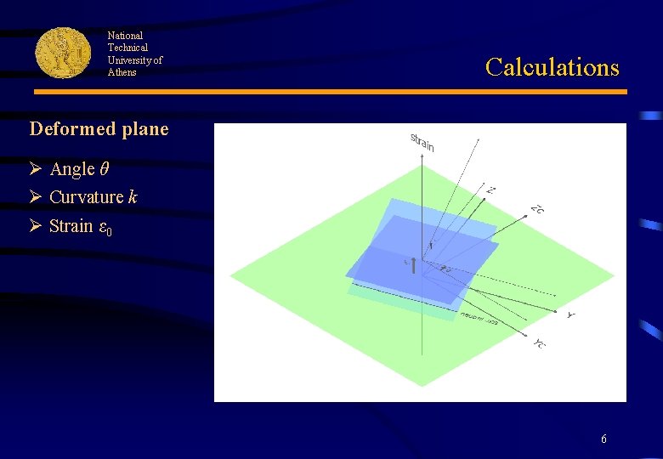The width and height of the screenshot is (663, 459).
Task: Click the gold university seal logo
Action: point(63,53)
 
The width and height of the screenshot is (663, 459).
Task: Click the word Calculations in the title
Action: point(552,67)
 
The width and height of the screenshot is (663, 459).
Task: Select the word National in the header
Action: point(125,36)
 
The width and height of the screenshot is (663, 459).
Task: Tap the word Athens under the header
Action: point(122,72)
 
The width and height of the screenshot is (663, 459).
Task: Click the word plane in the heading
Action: point(144,130)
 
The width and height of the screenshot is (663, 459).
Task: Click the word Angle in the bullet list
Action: point(72,169)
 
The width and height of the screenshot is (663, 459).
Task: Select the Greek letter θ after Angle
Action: point(104,169)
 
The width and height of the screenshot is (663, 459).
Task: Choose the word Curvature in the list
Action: point(87,197)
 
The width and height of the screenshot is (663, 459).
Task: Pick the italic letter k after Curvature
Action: point(132,197)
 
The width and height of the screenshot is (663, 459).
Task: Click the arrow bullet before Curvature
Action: point(36,197)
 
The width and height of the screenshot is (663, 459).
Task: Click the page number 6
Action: point(603,439)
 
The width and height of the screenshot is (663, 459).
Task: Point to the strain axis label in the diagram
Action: point(422,143)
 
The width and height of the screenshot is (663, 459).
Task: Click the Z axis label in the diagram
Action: point(490,190)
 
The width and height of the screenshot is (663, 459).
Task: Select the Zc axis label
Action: point(536,209)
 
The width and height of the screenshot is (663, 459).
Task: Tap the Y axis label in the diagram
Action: point(570,315)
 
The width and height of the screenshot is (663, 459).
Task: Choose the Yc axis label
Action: point(541,343)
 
